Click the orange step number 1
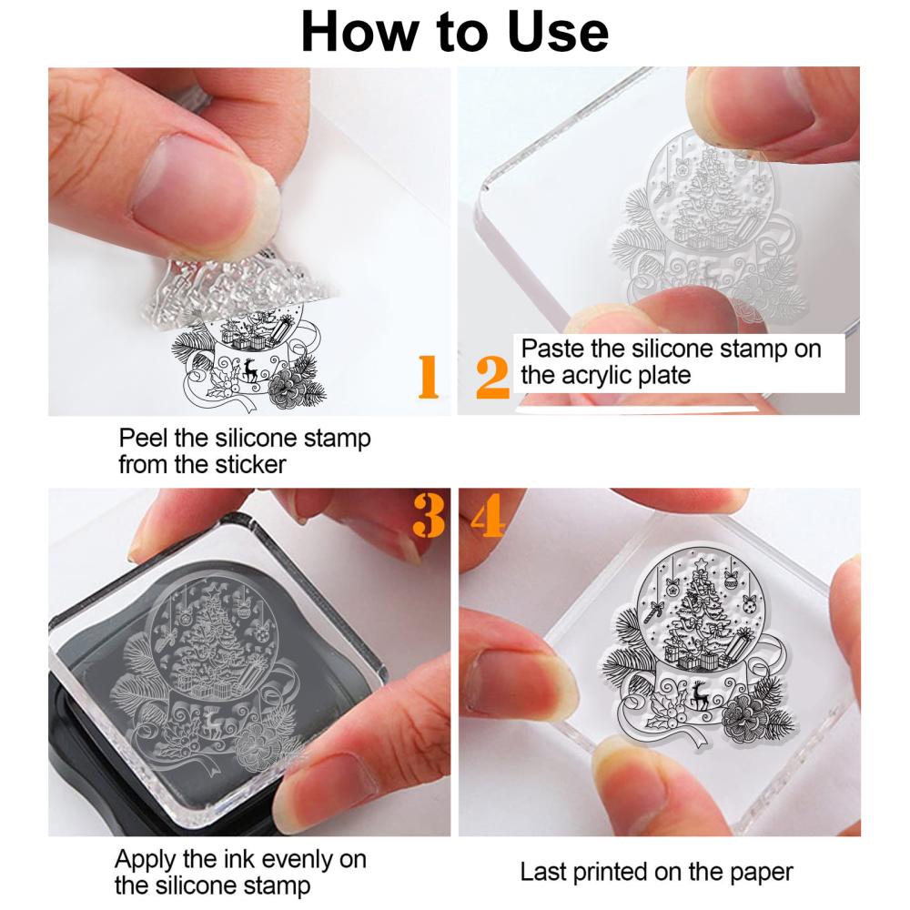(428, 377)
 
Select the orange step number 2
(492, 378)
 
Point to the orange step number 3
(429, 515)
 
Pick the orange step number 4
(488, 515)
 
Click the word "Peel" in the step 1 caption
(144, 439)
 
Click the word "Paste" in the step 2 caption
(552, 349)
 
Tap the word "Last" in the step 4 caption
(543, 873)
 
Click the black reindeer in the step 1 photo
(251, 370)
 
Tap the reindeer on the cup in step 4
(699, 695)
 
